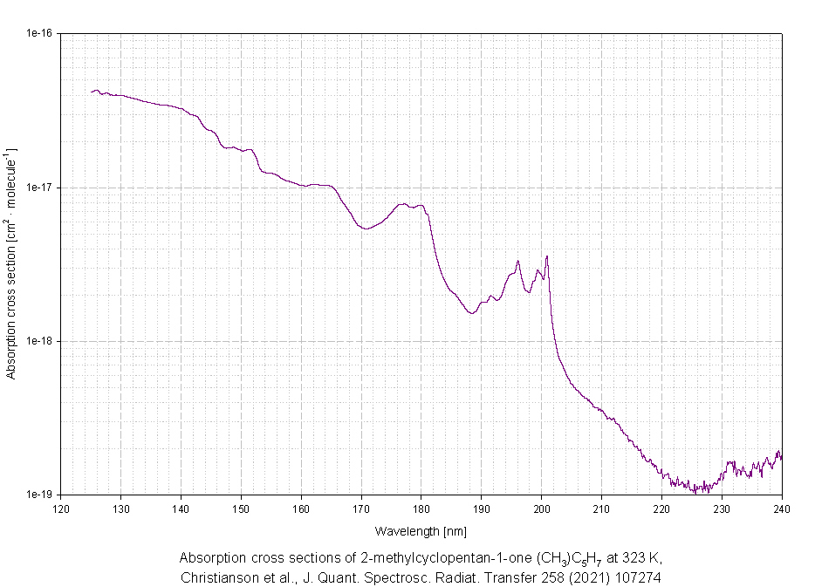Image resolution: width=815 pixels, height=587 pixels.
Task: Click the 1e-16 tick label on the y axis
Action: (x=39, y=33)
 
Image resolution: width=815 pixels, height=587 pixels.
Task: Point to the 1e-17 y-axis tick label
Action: (x=39, y=188)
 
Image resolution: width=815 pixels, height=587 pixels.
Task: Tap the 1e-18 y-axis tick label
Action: (x=39, y=341)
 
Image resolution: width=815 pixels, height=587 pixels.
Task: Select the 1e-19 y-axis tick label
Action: (x=39, y=495)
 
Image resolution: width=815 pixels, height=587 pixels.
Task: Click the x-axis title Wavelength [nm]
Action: (x=421, y=530)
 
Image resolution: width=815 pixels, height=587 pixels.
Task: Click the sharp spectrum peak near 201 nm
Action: (x=547, y=256)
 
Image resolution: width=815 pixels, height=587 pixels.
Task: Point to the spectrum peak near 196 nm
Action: (x=518, y=261)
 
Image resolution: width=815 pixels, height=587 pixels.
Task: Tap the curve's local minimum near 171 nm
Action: (x=366, y=229)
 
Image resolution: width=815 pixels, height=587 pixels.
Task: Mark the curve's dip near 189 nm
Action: (x=472, y=313)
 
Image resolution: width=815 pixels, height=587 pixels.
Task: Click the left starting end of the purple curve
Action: (x=92, y=92)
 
